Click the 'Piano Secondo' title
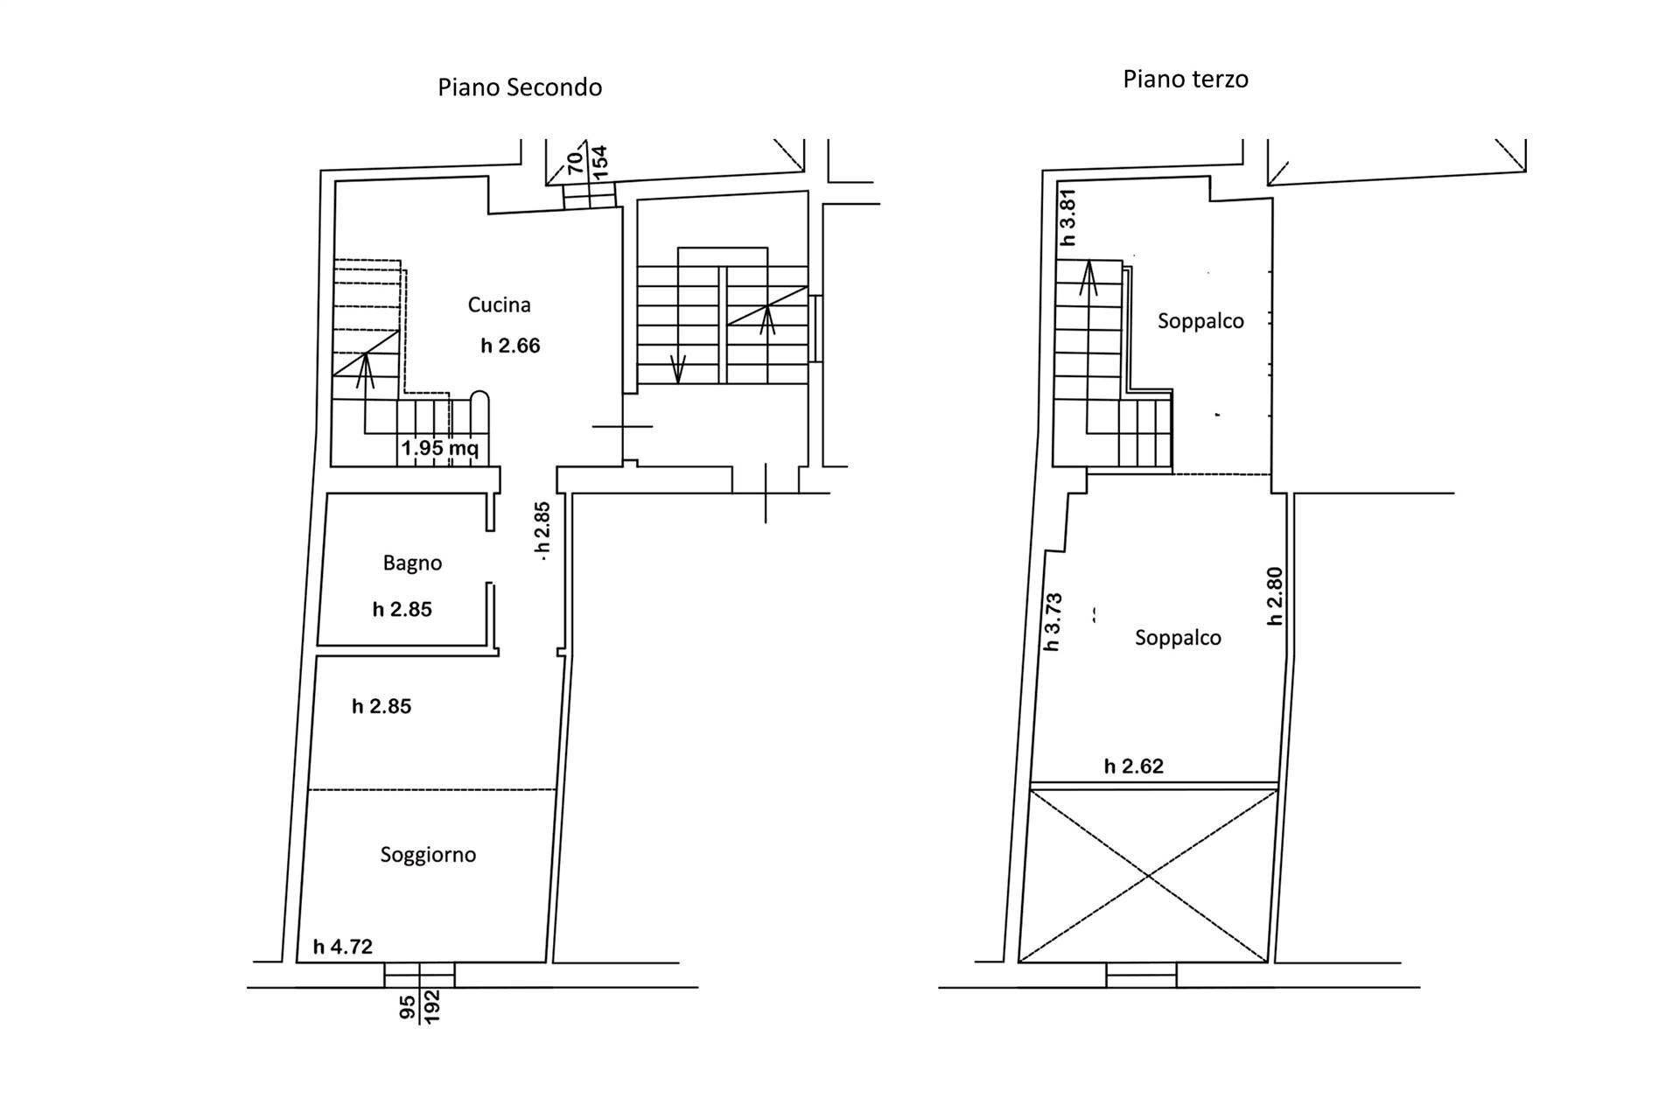pos(520,87)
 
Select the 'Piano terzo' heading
pos(1186,80)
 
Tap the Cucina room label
pos(499,304)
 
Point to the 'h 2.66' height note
pos(510,346)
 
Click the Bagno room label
pos(412,563)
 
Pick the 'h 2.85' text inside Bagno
pos(402,609)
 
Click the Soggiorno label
pos(428,854)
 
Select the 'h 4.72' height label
pos(343,946)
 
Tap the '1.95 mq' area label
pos(439,449)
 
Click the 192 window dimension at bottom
pos(431,1006)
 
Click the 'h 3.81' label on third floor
pos(1067,218)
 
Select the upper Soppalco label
pos(1200,321)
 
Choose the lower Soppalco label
pos(1178,638)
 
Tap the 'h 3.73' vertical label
pos(1053,622)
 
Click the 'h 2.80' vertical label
pos(1275,596)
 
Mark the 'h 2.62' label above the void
pos(1134,766)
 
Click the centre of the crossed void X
pos(1147,876)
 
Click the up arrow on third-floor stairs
pos(1088,278)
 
